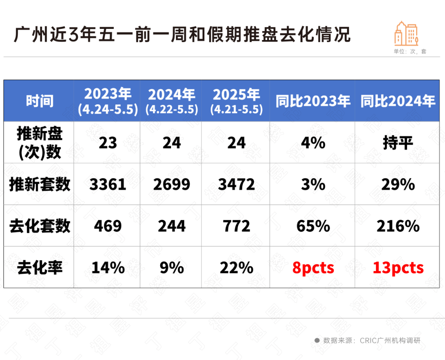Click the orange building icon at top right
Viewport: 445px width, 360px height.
pyautogui.click(x=406, y=33)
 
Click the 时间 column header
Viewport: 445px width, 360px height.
pyautogui.click(x=40, y=101)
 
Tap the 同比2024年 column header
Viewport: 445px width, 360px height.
pyautogui.click(x=398, y=101)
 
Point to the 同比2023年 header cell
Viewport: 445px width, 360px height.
pyautogui.click(x=313, y=101)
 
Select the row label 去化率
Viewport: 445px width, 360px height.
pyautogui.click(x=40, y=268)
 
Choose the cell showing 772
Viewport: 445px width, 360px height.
pyautogui.click(x=236, y=226)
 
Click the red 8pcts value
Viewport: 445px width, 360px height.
pyautogui.click(x=313, y=268)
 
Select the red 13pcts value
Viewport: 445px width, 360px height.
pyautogui.click(x=398, y=268)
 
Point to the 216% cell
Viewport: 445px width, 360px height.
pyautogui.click(x=398, y=226)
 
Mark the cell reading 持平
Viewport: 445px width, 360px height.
pyautogui.click(x=398, y=143)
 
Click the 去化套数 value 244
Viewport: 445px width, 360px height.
pyautogui.click(x=171, y=226)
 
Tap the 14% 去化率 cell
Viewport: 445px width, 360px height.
pyautogui.click(x=108, y=268)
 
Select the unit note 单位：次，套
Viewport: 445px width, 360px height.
pyautogui.click(x=410, y=52)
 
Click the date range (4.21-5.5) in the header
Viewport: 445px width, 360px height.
pyautogui.click(x=236, y=110)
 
